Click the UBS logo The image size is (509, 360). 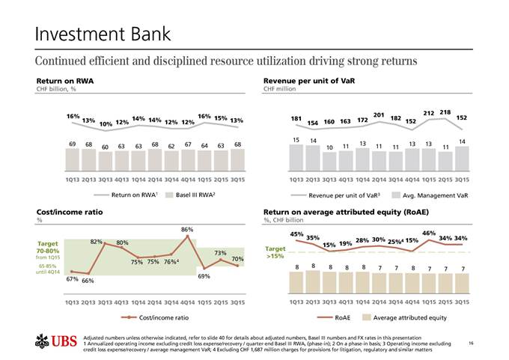[57, 343]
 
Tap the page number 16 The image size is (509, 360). [470, 342]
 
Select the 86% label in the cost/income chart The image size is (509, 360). [187, 229]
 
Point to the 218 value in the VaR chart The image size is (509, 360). [445, 112]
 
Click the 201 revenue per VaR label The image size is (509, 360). [378, 115]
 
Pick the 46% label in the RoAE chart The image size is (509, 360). [429, 234]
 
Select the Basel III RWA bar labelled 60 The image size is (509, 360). [106, 159]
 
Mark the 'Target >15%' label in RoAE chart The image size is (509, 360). [275, 252]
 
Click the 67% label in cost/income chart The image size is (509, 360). [72, 278]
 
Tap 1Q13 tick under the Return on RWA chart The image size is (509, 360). [73, 180]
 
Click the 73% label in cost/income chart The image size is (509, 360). [221, 253]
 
